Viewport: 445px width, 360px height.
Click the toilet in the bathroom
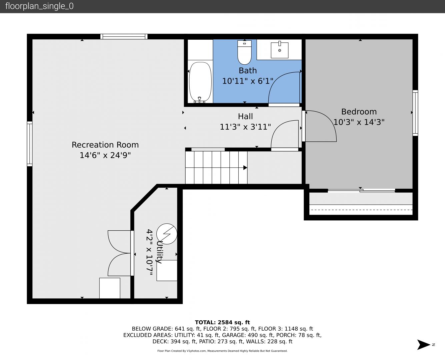pyautogui.click(x=244, y=52)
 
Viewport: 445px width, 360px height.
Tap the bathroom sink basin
pyautogui.click(x=280, y=50)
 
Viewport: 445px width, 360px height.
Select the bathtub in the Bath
pyautogui.click(x=200, y=82)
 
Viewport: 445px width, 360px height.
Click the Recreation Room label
pyautogui.click(x=105, y=145)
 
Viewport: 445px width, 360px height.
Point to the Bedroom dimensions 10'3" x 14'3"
pyautogui.click(x=359, y=122)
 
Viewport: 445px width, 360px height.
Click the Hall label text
pyautogui.click(x=245, y=116)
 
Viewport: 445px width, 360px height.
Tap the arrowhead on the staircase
pyautogui.click(x=245, y=168)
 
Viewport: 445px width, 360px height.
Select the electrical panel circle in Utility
pyautogui.click(x=167, y=234)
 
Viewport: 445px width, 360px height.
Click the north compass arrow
pyautogui.click(x=423, y=345)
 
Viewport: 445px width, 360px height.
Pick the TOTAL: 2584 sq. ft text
pyautogui.click(x=222, y=322)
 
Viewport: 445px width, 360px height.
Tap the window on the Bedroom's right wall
pyautogui.click(x=415, y=113)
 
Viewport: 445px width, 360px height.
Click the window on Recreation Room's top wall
pyautogui.click(x=124, y=37)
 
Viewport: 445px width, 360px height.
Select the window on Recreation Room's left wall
pyautogui.click(x=30, y=144)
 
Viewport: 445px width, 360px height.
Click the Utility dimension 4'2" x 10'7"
pyautogui.click(x=150, y=252)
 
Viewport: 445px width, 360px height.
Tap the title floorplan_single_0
pyautogui.click(x=39, y=6)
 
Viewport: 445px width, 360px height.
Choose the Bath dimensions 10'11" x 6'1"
pyautogui.click(x=248, y=81)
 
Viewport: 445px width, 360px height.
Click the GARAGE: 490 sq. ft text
pyautogui.click(x=248, y=335)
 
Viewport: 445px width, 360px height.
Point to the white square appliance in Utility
pyautogui.click(x=167, y=270)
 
